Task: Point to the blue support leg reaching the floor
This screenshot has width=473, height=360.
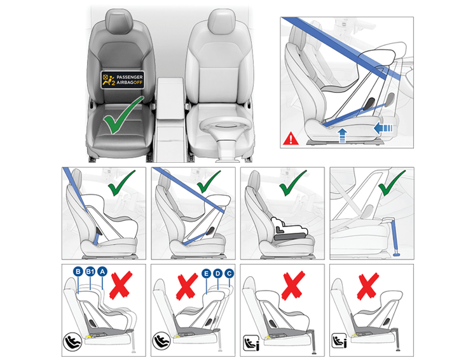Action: [395, 235]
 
